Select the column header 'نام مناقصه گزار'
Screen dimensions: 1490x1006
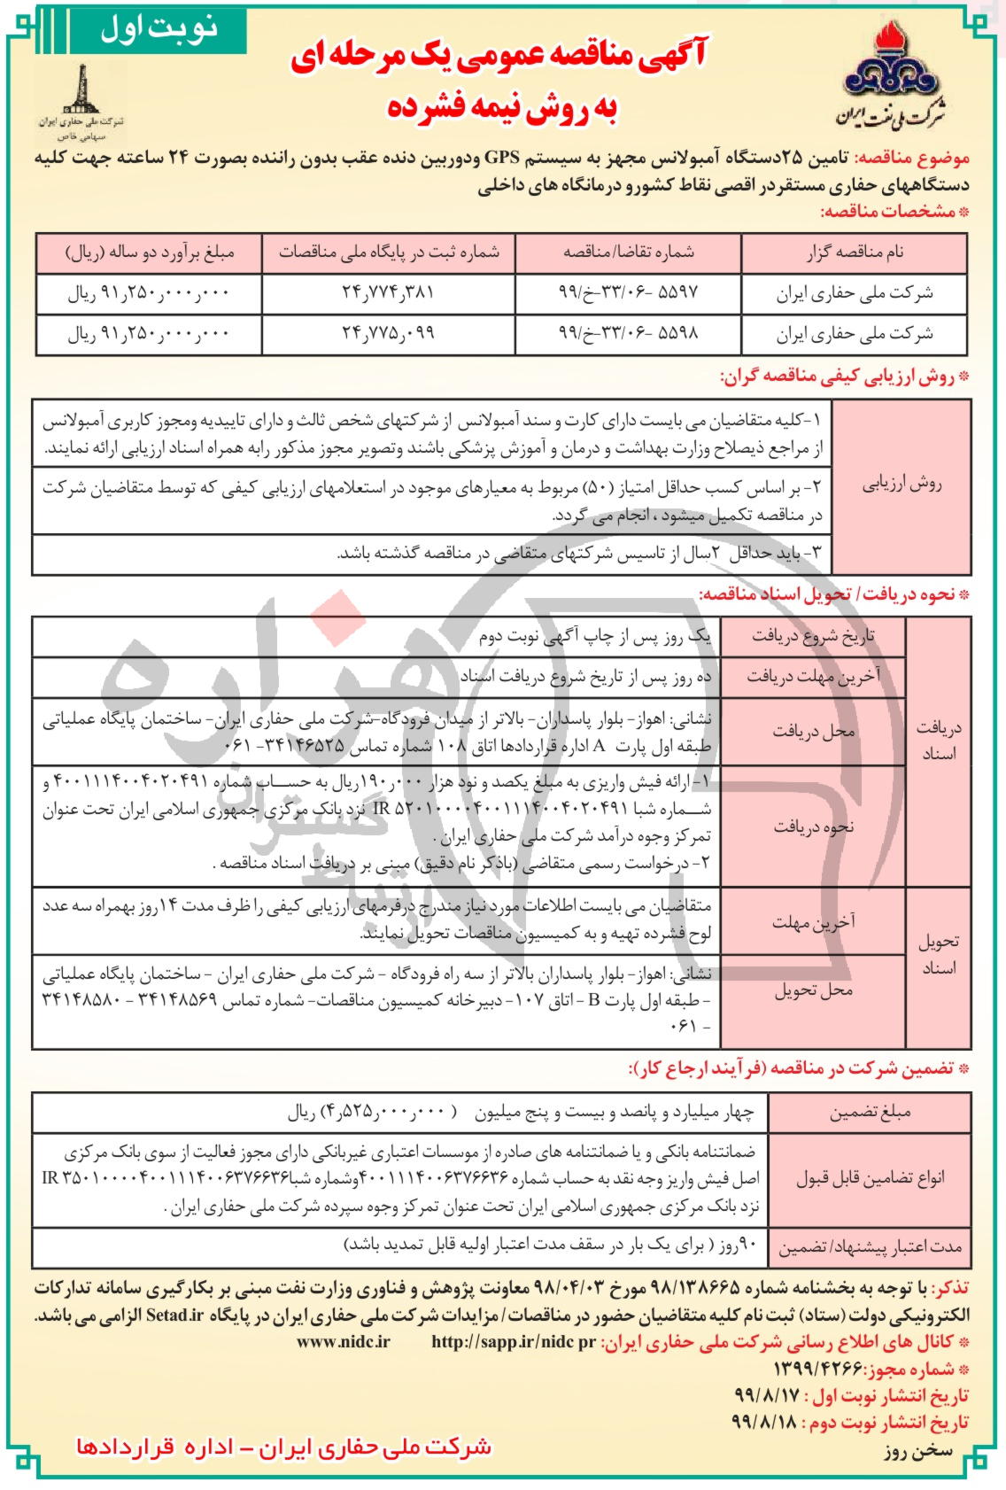click(x=855, y=252)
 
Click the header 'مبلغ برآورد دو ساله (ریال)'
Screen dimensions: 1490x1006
click(x=150, y=252)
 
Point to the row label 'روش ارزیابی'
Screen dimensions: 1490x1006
click(x=902, y=484)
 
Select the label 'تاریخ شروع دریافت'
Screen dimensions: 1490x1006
click(x=813, y=636)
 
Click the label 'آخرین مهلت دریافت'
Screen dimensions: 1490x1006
click(x=813, y=678)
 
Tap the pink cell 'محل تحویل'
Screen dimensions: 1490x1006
click(x=813, y=990)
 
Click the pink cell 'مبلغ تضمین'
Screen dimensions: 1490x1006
click(x=870, y=1113)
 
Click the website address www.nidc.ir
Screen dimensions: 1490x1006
click(x=344, y=1341)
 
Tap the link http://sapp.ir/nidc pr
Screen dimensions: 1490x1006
click(x=514, y=1341)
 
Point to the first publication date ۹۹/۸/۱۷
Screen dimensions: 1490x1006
click(x=766, y=1394)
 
